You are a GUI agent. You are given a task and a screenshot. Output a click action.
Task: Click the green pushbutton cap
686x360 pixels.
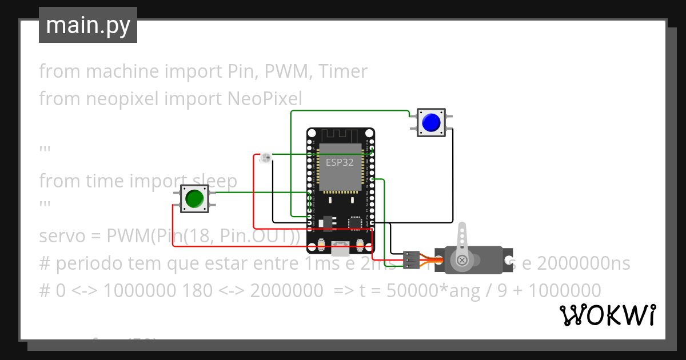[x=194, y=198]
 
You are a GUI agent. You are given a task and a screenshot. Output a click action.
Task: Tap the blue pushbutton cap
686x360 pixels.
[x=431, y=122]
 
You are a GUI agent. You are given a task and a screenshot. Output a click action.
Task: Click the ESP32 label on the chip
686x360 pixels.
[x=340, y=162]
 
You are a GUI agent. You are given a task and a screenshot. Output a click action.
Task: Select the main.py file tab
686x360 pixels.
[x=88, y=25]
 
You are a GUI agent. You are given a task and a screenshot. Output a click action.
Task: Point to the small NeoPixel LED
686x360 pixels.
[x=265, y=158]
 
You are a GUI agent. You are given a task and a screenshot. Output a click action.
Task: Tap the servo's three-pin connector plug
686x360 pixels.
[x=410, y=259]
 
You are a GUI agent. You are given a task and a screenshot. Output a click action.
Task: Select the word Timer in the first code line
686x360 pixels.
[x=343, y=71]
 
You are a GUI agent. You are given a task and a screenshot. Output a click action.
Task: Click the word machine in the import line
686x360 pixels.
[x=122, y=71]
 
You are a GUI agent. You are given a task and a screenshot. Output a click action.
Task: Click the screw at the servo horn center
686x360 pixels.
[x=462, y=261]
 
